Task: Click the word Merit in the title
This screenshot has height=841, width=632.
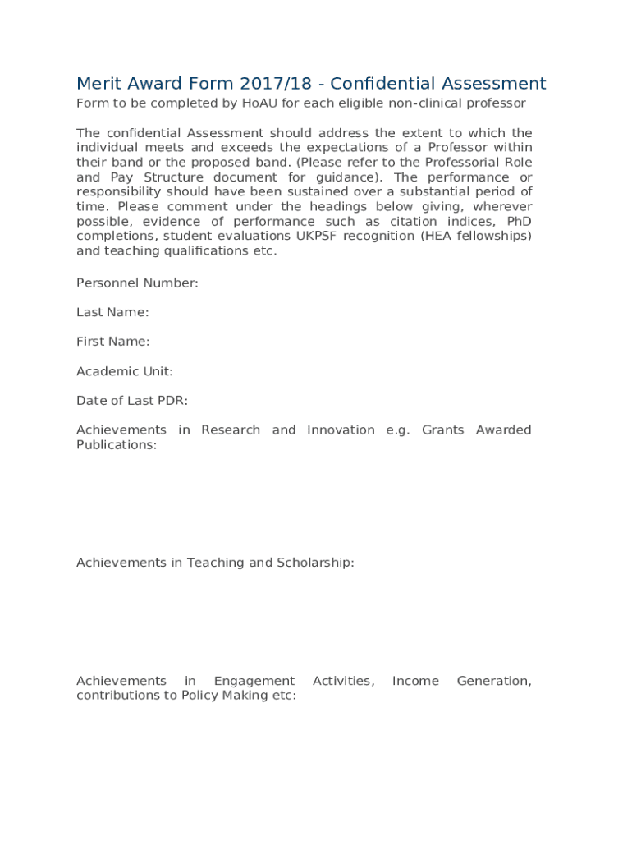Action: click(98, 84)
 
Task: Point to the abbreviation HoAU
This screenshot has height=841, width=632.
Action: click(260, 103)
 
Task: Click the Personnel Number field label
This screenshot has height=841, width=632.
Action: click(137, 283)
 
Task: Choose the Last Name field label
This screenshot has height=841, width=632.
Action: click(112, 312)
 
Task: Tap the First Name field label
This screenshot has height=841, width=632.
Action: click(112, 342)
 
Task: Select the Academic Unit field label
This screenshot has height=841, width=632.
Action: click(125, 371)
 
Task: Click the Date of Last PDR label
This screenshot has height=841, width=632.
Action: click(132, 401)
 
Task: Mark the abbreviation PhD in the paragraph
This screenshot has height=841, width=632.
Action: click(520, 222)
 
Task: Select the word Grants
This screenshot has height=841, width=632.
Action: click(443, 430)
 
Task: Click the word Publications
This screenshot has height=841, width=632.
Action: click(116, 445)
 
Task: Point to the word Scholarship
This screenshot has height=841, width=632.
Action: click(315, 563)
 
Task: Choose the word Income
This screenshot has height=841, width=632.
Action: click(415, 681)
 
